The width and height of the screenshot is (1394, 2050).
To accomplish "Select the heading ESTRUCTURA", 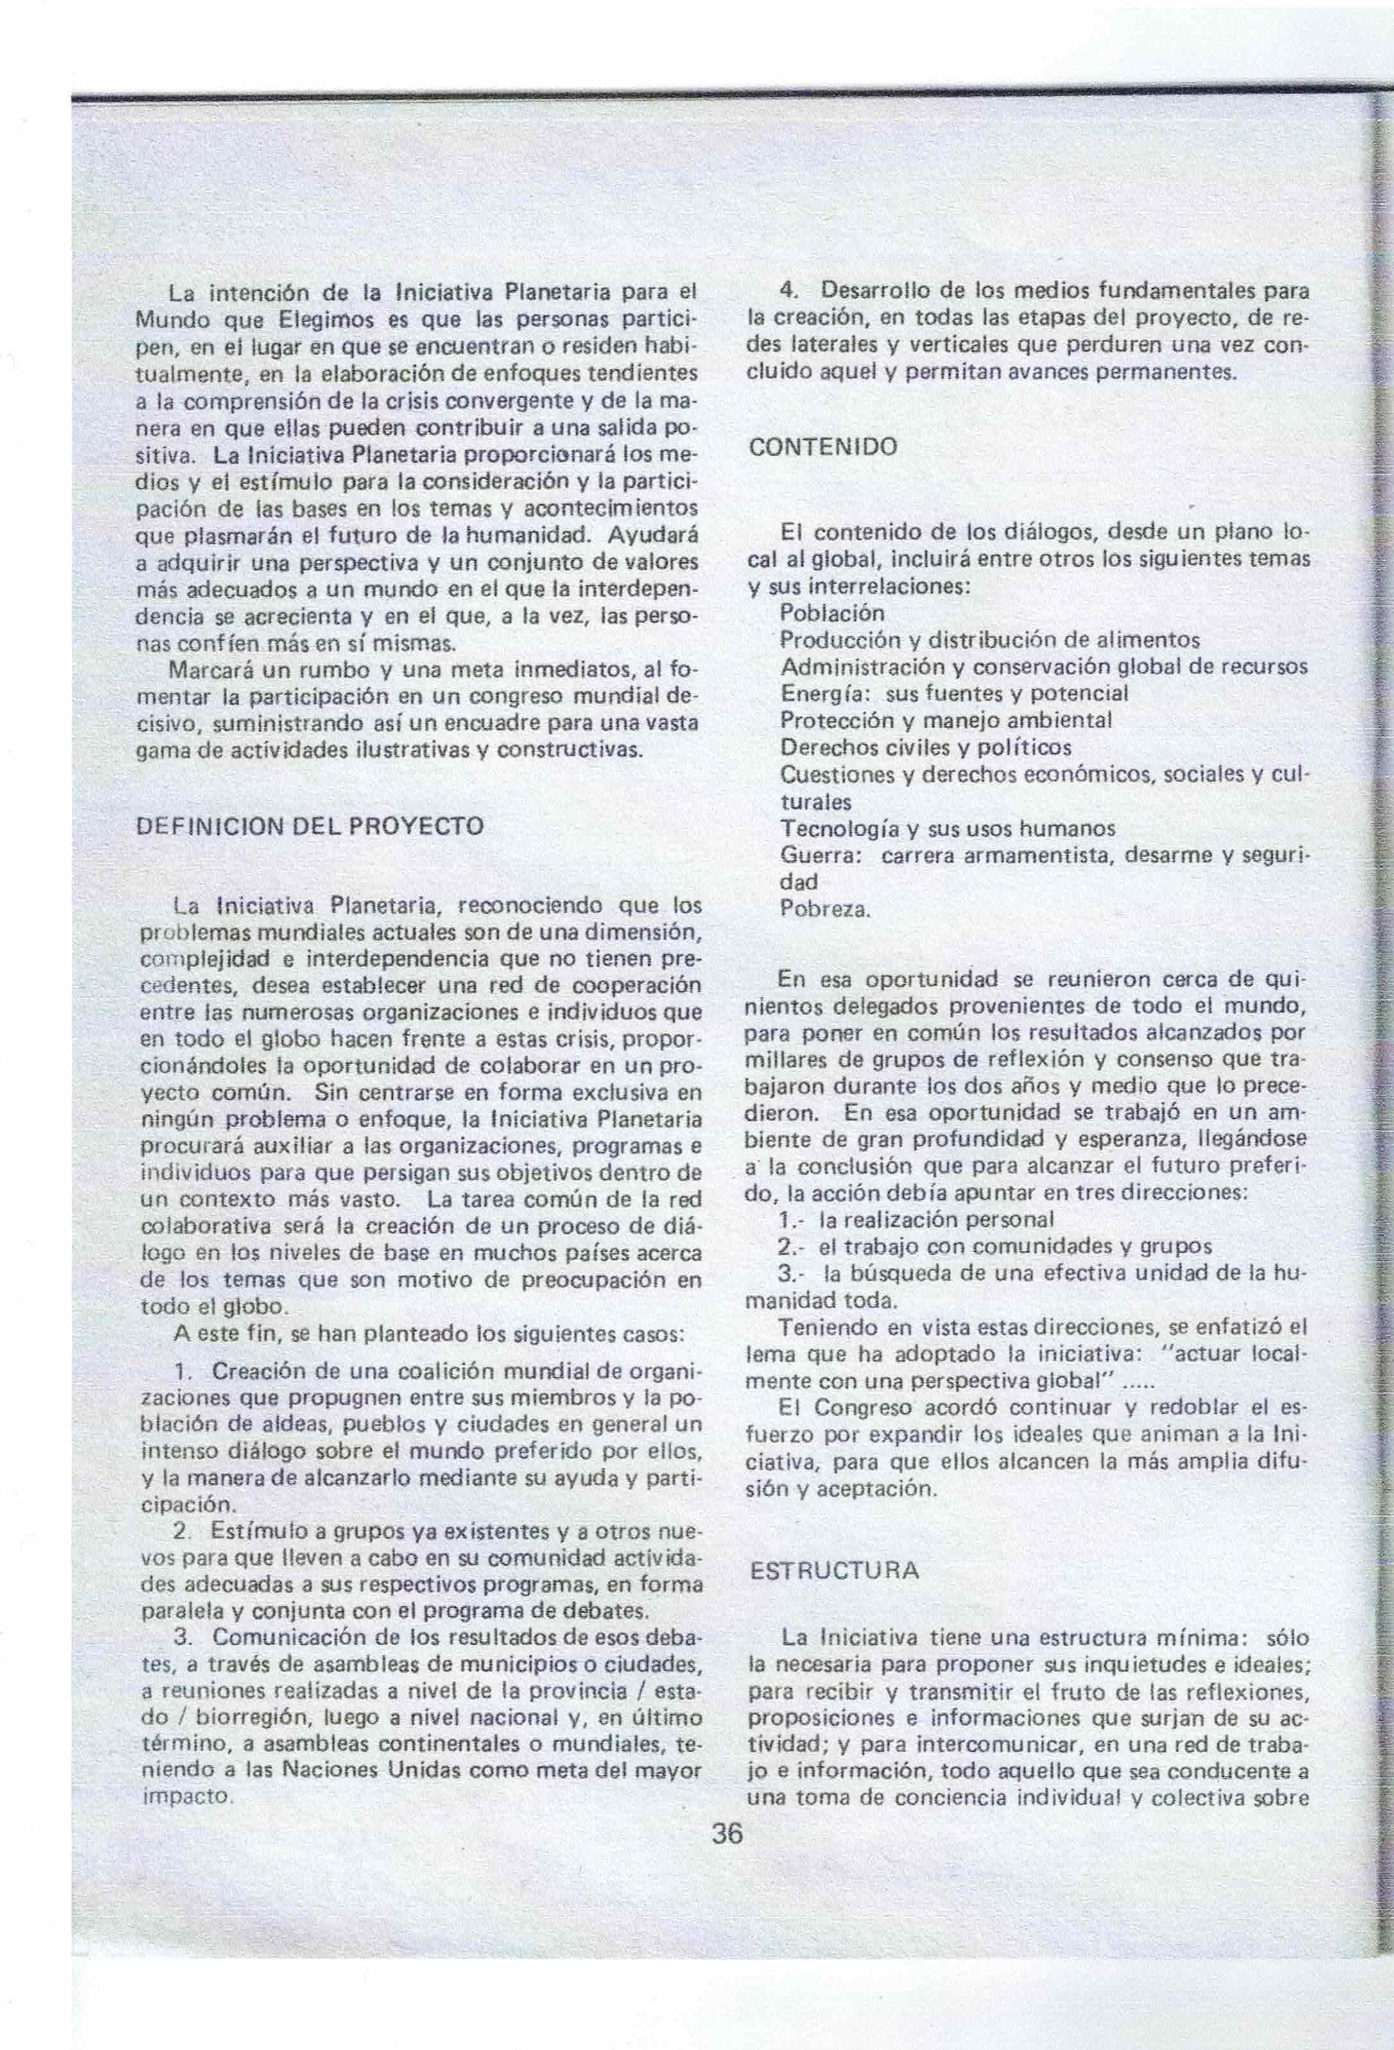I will click(x=834, y=1570).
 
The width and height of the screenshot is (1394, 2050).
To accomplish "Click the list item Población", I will click(x=832, y=612).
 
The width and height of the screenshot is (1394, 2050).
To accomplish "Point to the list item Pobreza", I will click(x=825, y=909).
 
